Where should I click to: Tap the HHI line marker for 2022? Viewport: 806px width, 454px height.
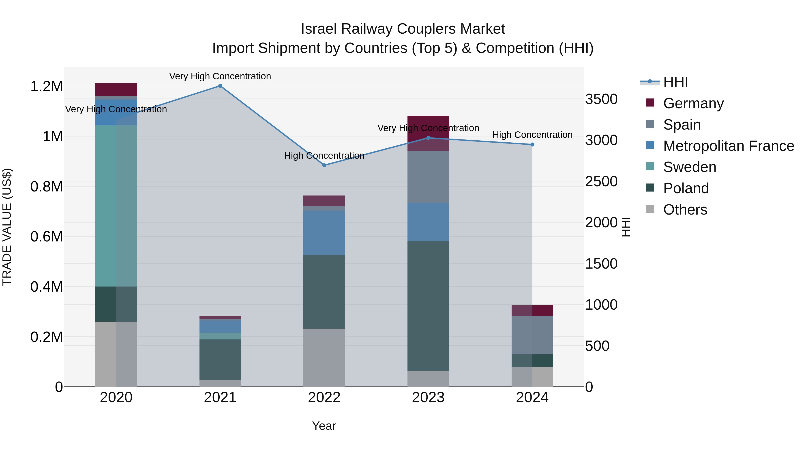coord(324,165)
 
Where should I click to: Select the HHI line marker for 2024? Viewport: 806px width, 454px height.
coord(532,144)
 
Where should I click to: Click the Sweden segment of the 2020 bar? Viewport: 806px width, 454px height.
coord(116,206)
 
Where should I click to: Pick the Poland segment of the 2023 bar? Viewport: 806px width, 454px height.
coord(428,306)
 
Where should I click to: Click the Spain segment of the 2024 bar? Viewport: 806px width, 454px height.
coord(532,335)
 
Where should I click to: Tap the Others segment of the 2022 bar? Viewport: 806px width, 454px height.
coord(324,358)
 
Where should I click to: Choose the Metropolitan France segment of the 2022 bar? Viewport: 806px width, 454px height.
coord(324,232)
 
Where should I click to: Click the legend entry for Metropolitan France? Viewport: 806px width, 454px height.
coord(728,146)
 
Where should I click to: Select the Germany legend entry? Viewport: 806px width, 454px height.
coord(693,103)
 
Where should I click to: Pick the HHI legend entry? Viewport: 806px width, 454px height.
coord(675,82)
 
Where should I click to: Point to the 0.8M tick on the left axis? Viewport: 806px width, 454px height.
coord(47,187)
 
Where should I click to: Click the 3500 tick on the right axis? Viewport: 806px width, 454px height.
coord(601,99)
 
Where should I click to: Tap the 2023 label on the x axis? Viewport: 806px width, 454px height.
coord(428,398)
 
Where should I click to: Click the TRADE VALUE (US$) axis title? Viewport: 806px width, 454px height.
coord(7,227)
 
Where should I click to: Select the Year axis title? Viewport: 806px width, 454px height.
coord(324,426)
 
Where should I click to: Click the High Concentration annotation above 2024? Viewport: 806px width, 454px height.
coord(532,135)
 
